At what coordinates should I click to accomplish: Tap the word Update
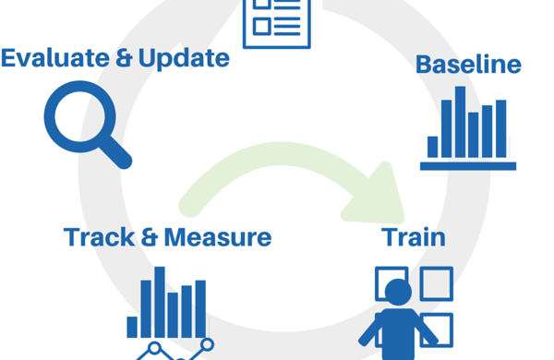(x=183, y=58)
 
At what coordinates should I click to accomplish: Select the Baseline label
(x=468, y=66)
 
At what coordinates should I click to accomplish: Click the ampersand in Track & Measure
(x=148, y=237)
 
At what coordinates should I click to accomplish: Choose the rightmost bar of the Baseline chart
(x=500, y=128)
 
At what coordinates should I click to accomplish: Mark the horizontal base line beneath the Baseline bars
(x=467, y=165)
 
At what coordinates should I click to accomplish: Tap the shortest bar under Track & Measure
(x=133, y=327)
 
